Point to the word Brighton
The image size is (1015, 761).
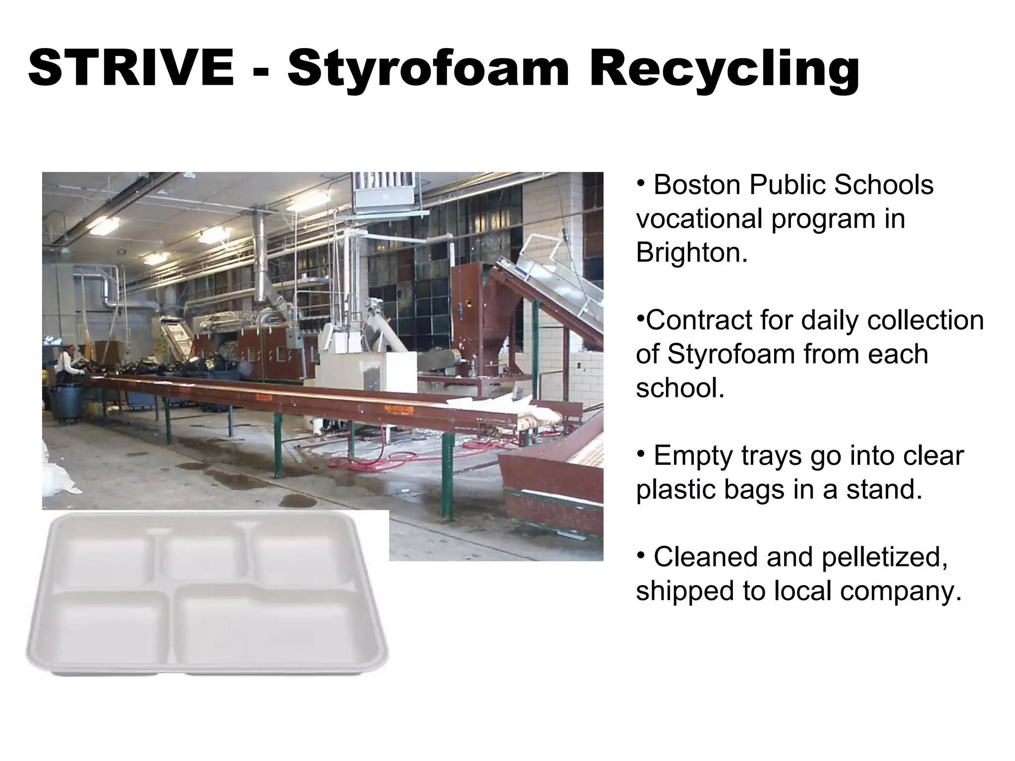pyautogui.click(x=691, y=253)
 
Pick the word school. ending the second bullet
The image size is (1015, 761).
pyautogui.click(x=680, y=388)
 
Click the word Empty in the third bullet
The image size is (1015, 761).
pyautogui.click(x=692, y=456)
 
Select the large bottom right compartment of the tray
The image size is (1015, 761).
pyautogui.click(x=270, y=627)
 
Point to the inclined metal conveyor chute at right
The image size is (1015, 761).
pyautogui.click(x=555, y=292)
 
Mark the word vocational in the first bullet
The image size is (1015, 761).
pyautogui.click(x=700, y=219)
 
